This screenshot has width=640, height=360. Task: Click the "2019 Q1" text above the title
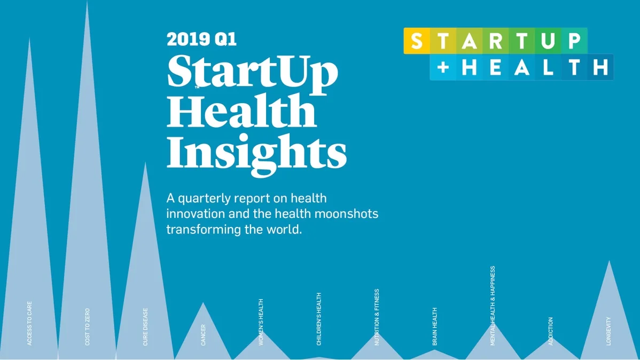click(x=201, y=39)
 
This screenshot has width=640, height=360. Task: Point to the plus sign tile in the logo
click(x=443, y=67)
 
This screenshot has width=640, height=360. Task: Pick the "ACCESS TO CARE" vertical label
click(x=29, y=323)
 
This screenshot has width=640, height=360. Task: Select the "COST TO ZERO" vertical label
click(x=88, y=326)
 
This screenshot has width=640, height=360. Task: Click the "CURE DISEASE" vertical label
click(x=145, y=326)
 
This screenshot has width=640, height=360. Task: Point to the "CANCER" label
click(x=203, y=335)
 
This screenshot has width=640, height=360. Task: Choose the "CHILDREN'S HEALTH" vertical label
click(x=319, y=319)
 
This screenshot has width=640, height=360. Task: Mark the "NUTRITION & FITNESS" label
click(x=377, y=317)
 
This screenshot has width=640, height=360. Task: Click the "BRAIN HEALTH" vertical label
click(x=434, y=326)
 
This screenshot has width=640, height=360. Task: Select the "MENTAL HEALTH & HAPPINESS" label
click(x=493, y=306)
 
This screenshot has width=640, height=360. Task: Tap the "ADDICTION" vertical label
click(x=550, y=331)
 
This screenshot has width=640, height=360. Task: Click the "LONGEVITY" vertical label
click(x=608, y=331)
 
